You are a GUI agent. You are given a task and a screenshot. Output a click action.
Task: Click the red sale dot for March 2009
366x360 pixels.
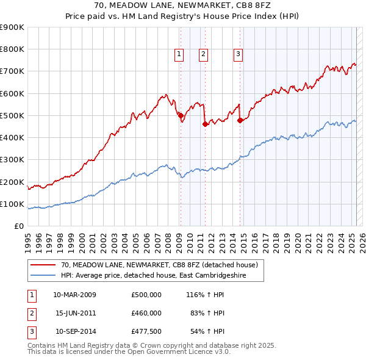(181, 115)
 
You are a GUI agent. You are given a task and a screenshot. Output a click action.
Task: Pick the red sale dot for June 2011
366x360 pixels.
(205, 124)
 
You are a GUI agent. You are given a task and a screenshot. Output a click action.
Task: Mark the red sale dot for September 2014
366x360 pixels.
(240, 120)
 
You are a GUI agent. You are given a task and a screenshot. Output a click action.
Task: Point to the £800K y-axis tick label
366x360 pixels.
(12, 49)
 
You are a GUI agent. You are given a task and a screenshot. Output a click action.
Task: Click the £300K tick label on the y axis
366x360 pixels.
(12, 160)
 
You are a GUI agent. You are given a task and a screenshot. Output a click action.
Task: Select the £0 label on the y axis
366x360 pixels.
(18, 226)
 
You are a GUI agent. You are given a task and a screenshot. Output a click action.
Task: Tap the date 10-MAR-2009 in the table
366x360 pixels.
(74, 295)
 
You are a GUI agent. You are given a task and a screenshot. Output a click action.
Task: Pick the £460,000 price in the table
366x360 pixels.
(146, 313)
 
